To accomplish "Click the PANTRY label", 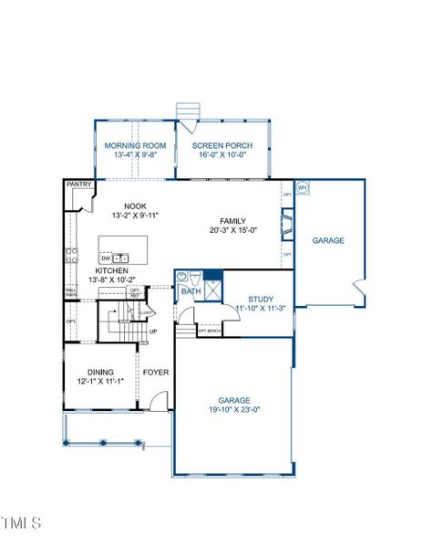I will (79, 184).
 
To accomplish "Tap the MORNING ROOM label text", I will (135, 146).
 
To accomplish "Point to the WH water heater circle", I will (303, 187).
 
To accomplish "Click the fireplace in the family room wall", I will (287, 223).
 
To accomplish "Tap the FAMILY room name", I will (232, 221).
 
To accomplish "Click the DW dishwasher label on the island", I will (106, 258).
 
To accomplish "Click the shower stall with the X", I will (212, 289).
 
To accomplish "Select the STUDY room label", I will (261, 299).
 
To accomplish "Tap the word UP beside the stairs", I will (152, 331).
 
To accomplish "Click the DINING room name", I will (100, 372).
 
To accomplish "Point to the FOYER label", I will (154, 372).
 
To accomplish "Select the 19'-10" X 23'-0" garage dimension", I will (233, 410).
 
